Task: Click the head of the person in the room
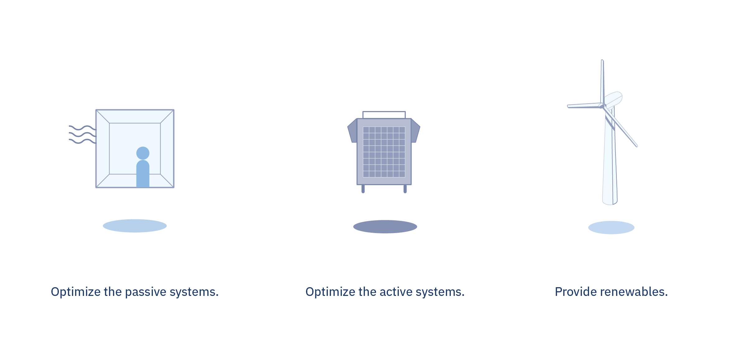tap(143, 153)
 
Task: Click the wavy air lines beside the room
tap(83, 134)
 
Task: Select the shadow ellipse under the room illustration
tap(135, 226)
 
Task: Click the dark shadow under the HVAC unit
tap(385, 227)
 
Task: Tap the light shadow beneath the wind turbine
tap(611, 227)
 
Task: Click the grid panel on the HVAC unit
tap(384, 152)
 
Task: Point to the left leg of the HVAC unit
tap(363, 189)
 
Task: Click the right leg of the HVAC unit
tap(405, 189)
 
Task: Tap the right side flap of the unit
tap(415, 131)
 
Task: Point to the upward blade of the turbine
tap(602, 82)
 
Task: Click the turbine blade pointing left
tap(584, 106)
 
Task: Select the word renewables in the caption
tap(634, 292)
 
